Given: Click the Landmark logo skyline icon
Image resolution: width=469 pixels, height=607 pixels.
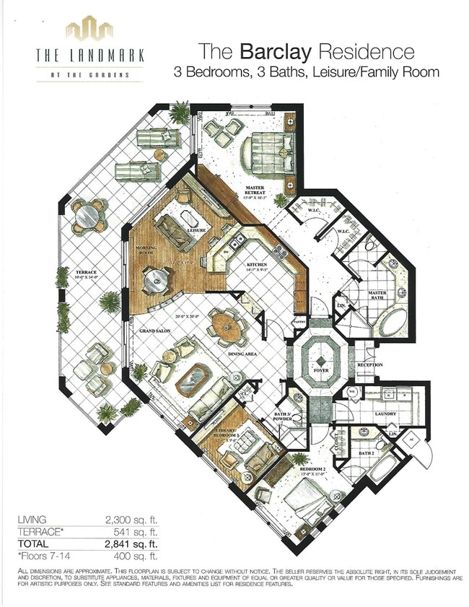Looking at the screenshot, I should pos(89,31).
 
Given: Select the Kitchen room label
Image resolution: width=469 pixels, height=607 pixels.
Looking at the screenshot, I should pos(258,265).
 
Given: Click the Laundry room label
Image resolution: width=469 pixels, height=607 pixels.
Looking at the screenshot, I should pos(387,414).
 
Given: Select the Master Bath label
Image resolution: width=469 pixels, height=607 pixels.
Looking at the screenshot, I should pos(377,294).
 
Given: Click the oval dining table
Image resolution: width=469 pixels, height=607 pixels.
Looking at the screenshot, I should pos(227,328).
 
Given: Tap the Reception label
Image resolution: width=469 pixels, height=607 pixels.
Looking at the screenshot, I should pos(370,365).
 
